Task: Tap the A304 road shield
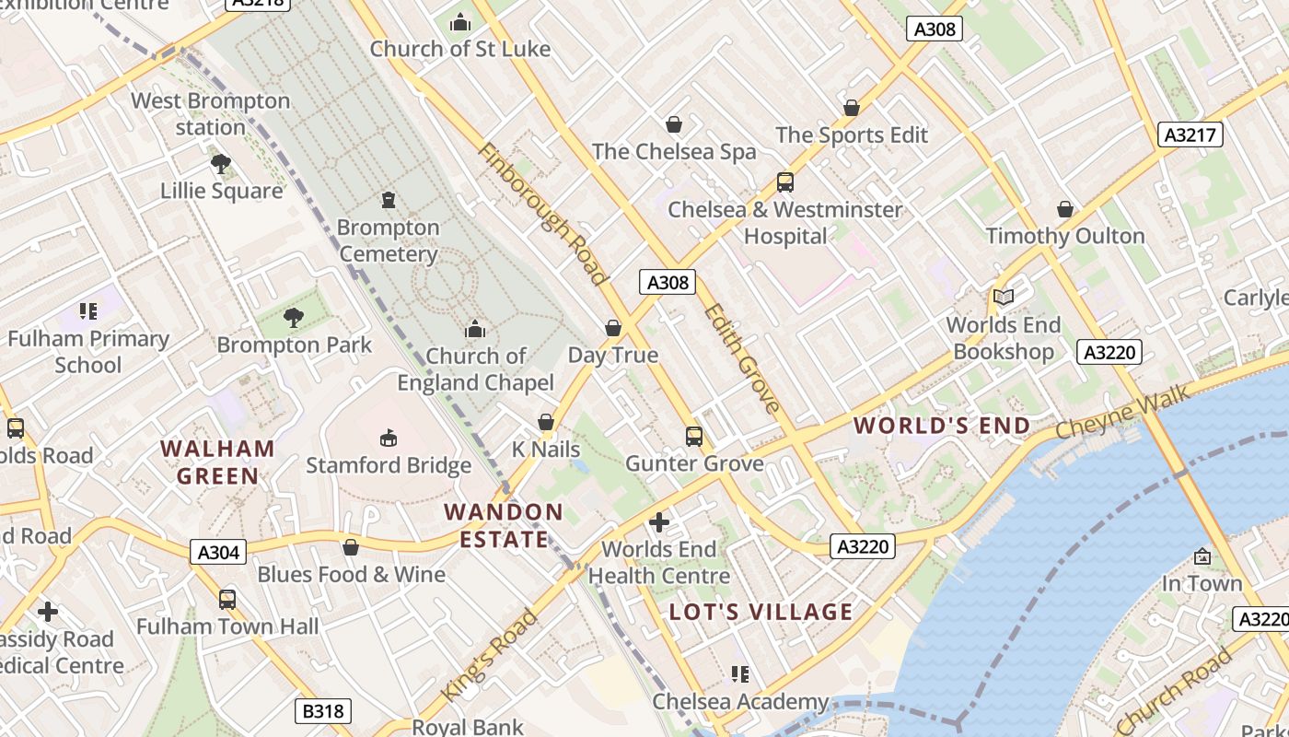tap(219, 552)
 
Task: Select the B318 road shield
tap(322, 711)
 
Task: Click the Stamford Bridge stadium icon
tap(388, 437)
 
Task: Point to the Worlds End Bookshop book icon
tap(1003, 297)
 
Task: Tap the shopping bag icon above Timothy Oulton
tap(1065, 209)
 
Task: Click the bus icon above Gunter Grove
tap(693, 436)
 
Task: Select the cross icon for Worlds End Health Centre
tap(658, 522)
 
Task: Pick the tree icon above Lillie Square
tap(220, 164)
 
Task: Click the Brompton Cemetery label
tap(388, 240)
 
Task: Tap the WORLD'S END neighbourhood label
tap(942, 426)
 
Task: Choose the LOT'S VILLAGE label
tap(761, 612)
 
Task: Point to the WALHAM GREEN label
tap(217, 462)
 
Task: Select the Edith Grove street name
tap(742, 357)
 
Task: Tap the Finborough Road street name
tap(543, 214)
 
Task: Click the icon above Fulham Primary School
tap(88, 311)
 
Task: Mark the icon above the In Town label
tap(1202, 556)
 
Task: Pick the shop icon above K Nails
tap(546, 422)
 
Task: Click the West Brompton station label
tap(211, 114)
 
